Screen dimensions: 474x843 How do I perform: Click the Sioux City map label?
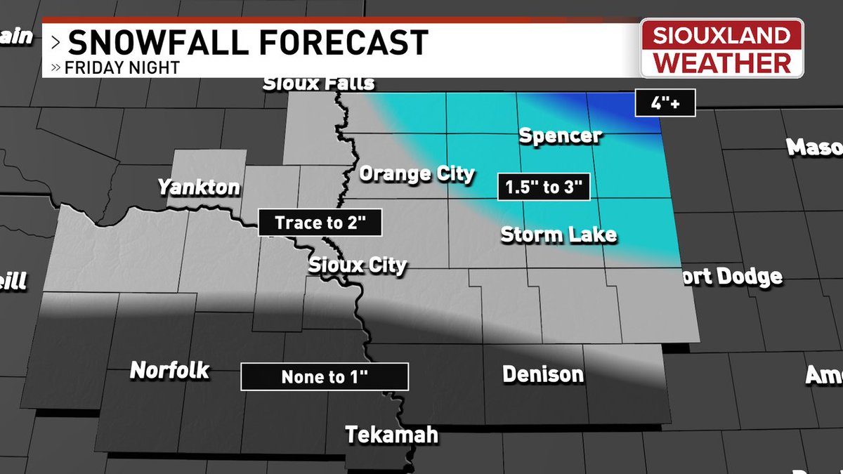(358, 265)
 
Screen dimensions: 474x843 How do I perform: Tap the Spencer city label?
(560, 136)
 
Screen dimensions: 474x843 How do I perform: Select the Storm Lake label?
(558, 234)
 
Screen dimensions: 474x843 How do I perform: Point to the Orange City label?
(417, 173)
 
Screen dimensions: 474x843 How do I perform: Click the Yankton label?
(199, 187)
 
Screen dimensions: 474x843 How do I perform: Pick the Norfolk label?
(169, 370)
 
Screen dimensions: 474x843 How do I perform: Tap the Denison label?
(543, 374)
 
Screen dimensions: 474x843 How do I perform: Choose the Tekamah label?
(391, 435)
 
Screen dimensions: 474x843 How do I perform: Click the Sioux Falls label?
(318, 84)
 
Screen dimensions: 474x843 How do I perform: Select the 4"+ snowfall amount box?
(665, 105)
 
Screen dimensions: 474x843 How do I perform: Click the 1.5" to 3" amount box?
(543, 188)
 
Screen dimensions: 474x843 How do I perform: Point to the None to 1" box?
(325, 377)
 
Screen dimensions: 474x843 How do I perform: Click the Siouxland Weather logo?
(722, 48)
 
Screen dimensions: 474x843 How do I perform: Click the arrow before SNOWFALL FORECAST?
(55, 43)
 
